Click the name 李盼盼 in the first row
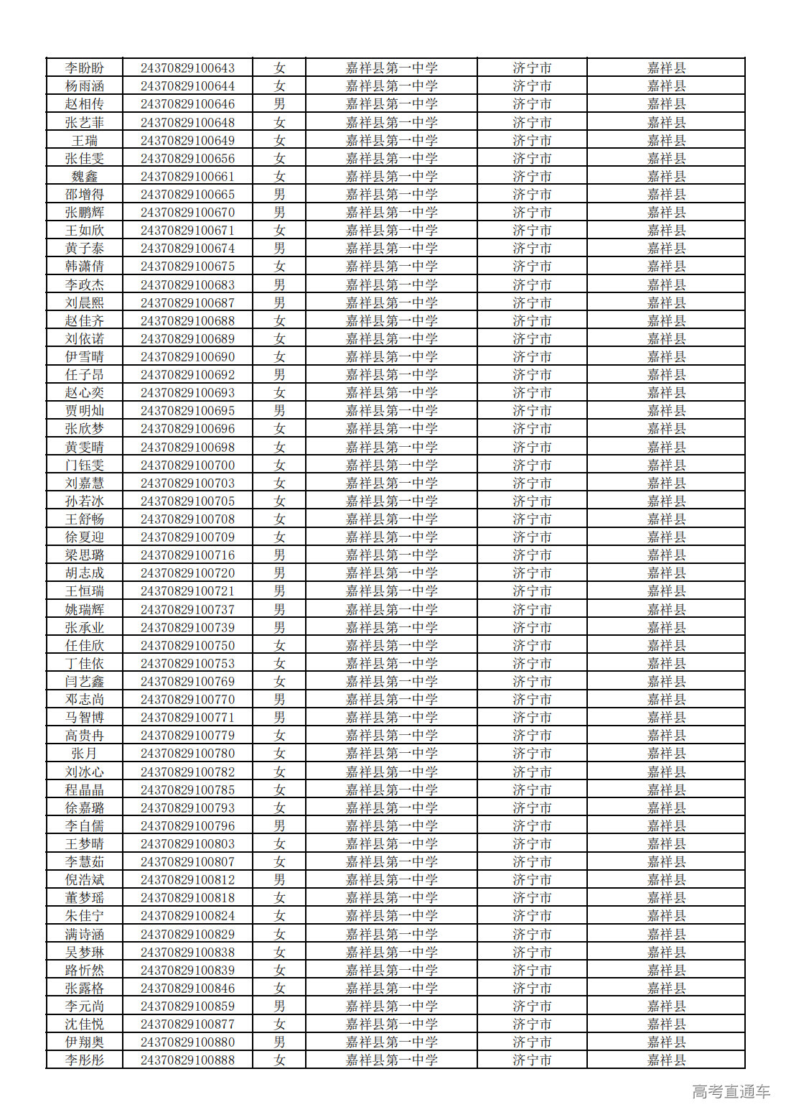pyautogui.click(x=85, y=68)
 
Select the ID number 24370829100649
pyautogui.click(x=187, y=141)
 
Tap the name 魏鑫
pyautogui.click(x=85, y=177)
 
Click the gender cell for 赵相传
pyautogui.click(x=279, y=104)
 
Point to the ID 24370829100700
pyautogui.click(x=187, y=466)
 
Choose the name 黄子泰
pyautogui.click(x=85, y=249)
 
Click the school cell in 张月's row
pyautogui.click(x=391, y=754)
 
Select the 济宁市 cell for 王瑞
pyautogui.click(x=532, y=141)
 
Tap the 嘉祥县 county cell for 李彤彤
pyautogui.click(x=666, y=1060)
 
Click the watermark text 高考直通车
pyautogui.click(x=731, y=1092)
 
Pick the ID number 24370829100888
pyautogui.click(x=187, y=1060)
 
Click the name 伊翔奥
pyautogui.click(x=85, y=1042)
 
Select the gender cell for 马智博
pyautogui.click(x=279, y=718)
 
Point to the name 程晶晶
pyautogui.click(x=85, y=790)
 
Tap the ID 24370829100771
pyautogui.click(x=187, y=718)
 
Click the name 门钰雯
pyautogui.click(x=85, y=466)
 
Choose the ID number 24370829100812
pyautogui.click(x=187, y=880)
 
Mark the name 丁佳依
pyautogui.click(x=85, y=664)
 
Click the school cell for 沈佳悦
pyautogui.click(x=391, y=1024)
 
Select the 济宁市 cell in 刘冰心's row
pyautogui.click(x=532, y=772)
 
